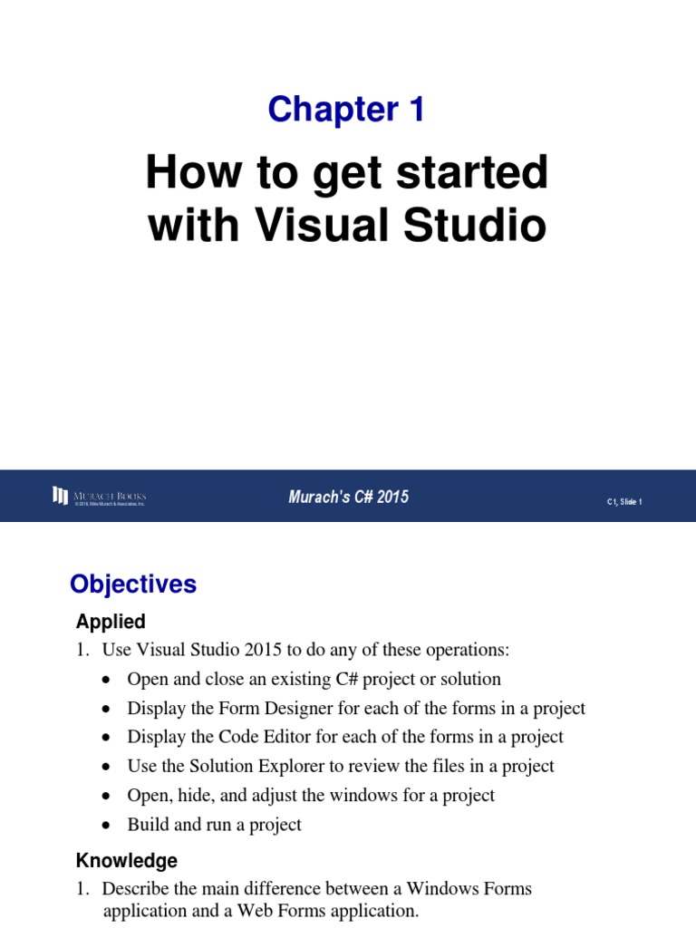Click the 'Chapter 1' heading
coord(346,110)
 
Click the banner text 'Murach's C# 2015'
coord(349,497)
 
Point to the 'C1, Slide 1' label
coord(623,501)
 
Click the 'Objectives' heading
coord(133,585)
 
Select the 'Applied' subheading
coord(111,622)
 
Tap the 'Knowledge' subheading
coord(126,860)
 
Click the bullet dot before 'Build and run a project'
coord(108,826)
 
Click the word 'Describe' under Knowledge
coord(136,888)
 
